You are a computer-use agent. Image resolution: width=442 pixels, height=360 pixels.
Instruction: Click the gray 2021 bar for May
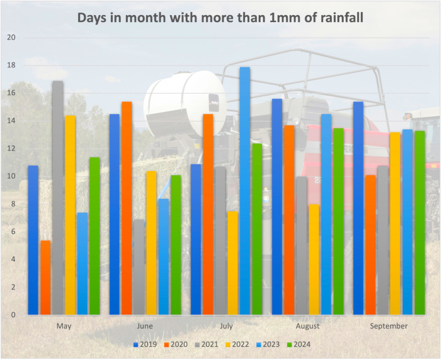click(57, 198)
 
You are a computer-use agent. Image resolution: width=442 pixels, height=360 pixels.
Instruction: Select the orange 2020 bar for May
click(45, 278)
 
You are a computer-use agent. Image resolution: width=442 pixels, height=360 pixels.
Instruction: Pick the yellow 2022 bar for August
click(314, 259)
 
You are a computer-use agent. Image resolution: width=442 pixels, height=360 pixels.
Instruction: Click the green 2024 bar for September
click(420, 223)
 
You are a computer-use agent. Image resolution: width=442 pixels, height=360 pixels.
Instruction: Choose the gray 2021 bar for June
click(139, 267)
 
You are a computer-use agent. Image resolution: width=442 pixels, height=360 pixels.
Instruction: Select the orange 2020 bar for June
click(127, 208)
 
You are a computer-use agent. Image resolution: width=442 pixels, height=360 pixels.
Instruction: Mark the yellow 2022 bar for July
click(232, 262)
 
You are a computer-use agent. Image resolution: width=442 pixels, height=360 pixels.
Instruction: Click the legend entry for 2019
click(146, 344)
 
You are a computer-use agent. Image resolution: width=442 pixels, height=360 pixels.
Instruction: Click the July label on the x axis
click(226, 326)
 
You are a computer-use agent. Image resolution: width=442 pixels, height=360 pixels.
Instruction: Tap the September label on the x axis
click(389, 326)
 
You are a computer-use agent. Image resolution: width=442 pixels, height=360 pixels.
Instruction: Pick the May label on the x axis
click(64, 326)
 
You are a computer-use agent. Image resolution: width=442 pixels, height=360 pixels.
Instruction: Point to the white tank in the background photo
click(183, 101)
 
